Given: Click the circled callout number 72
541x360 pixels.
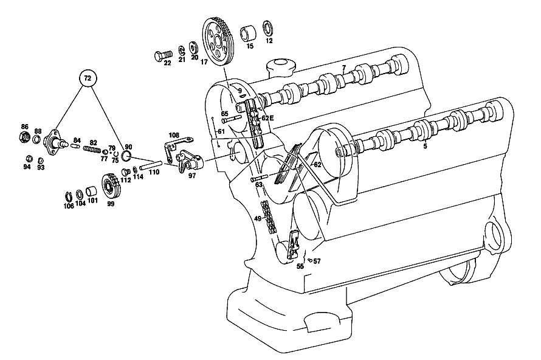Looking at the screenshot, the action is [x=88, y=78].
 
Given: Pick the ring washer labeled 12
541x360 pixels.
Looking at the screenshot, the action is [x=267, y=29].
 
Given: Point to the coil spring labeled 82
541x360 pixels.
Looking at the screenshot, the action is [x=92, y=149].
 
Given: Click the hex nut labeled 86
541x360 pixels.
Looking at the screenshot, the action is [x=24, y=137].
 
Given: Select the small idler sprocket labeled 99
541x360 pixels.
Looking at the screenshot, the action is [x=111, y=187].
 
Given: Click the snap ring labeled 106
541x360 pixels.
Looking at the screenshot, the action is [x=68, y=196].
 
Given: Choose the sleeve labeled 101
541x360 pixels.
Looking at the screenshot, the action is [x=91, y=190].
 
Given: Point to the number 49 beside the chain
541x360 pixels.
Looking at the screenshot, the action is [x=257, y=218].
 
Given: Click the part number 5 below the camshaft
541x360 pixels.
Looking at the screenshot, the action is [x=425, y=146].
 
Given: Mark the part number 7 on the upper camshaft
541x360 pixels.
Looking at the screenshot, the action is [x=344, y=67].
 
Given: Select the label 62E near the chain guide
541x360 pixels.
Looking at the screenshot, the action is [x=267, y=118].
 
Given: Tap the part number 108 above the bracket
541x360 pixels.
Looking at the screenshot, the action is [x=174, y=134].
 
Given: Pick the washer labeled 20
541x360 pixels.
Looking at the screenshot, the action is [x=193, y=47].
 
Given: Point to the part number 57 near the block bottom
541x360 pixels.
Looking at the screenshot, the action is [x=317, y=261].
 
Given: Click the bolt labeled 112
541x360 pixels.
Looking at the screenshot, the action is [x=126, y=171].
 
